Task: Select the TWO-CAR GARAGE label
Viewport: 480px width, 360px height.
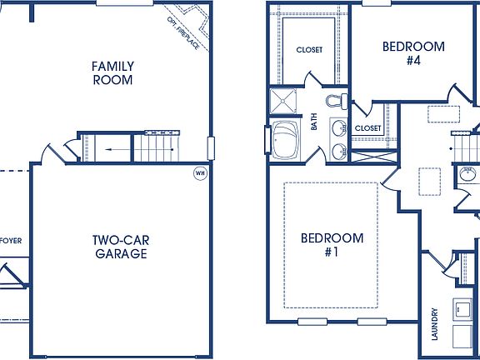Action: (x=120, y=247)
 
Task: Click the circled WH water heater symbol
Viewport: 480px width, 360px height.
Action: (x=200, y=173)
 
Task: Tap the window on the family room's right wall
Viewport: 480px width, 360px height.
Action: (x=212, y=147)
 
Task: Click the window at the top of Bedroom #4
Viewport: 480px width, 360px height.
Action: (x=377, y=2)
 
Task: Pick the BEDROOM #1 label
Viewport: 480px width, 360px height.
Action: (x=332, y=245)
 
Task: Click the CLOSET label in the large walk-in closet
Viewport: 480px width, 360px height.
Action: (x=309, y=50)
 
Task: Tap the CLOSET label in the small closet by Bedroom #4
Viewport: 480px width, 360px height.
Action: (x=367, y=128)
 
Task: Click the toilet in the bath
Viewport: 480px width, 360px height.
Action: (x=336, y=102)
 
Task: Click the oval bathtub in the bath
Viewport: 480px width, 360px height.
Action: (x=287, y=139)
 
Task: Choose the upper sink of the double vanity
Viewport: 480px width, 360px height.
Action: (x=339, y=129)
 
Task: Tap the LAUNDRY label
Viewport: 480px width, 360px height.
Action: (x=435, y=324)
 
